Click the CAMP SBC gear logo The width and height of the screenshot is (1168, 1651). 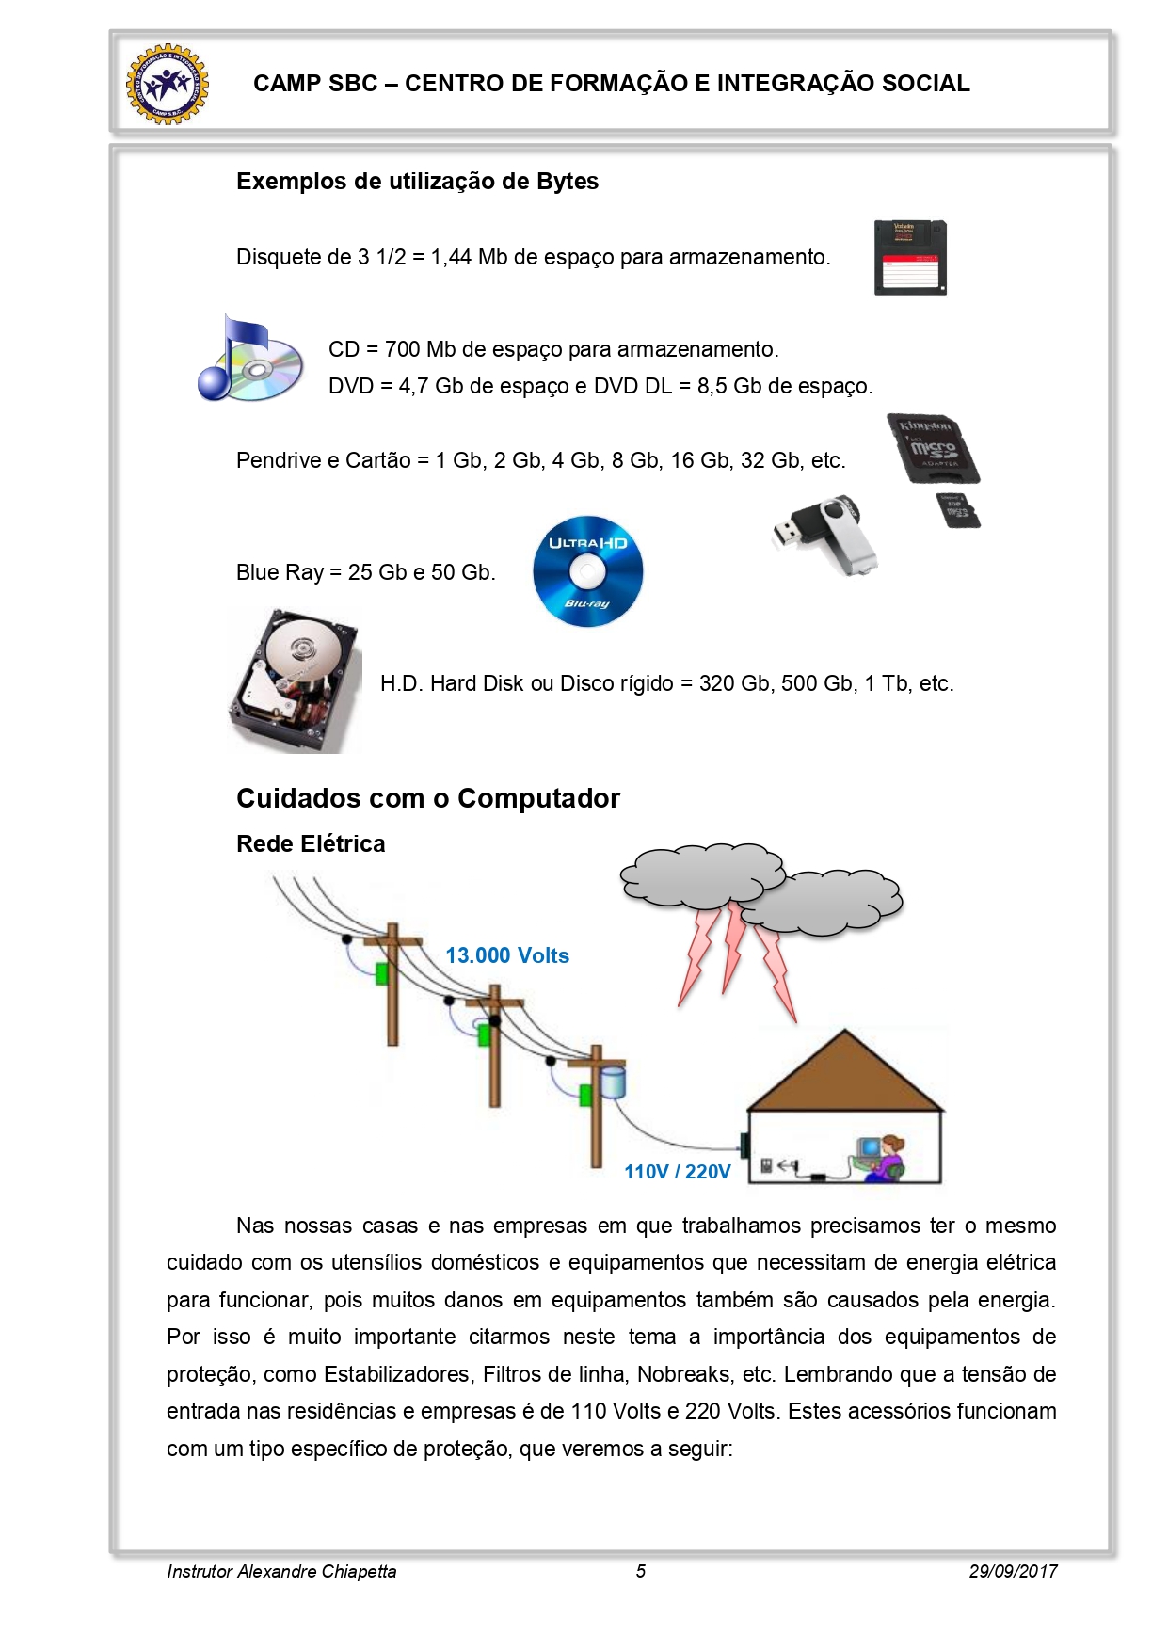click(x=168, y=84)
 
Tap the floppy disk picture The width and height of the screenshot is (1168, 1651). click(x=909, y=257)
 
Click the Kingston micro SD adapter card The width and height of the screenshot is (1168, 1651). click(x=932, y=448)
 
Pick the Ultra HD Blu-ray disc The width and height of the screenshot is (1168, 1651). click(x=587, y=571)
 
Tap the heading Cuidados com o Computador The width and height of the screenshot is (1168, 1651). click(x=428, y=798)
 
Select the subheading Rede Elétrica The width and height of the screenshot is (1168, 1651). click(x=311, y=843)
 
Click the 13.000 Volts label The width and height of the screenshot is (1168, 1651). click(x=507, y=955)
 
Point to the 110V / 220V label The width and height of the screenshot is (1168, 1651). click(x=677, y=1172)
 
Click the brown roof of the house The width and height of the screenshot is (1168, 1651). click(x=844, y=1073)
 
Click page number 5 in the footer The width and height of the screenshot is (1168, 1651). click(x=641, y=1571)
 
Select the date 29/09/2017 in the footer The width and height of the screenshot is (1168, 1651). click(x=1013, y=1571)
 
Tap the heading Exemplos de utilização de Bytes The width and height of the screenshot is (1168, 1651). click(x=417, y=181)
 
